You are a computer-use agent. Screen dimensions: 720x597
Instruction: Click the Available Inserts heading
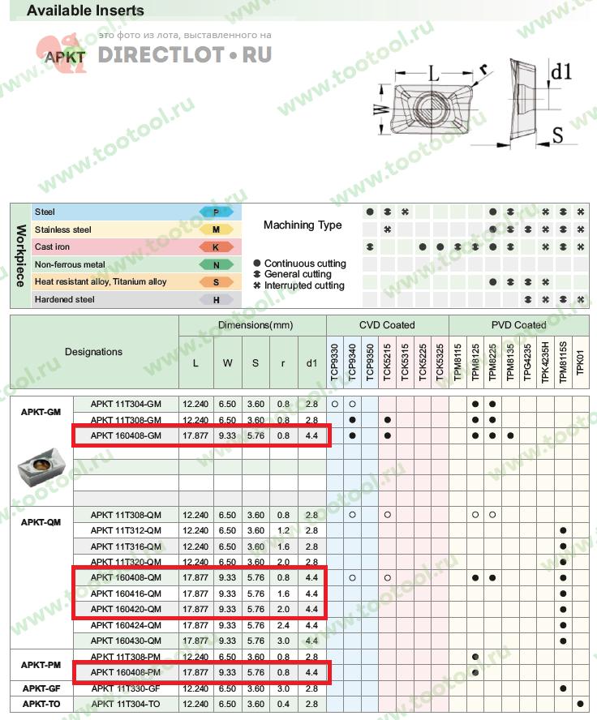(85, 11)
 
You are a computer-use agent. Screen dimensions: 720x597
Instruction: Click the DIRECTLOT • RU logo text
(185, 55)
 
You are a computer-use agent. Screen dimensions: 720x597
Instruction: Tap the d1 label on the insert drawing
(561, 72)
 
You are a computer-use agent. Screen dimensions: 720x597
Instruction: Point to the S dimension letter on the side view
(557, 135)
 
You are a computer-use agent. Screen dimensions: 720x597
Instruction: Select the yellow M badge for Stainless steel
(216, 229)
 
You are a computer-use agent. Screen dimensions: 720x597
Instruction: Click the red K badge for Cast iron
(216, 246)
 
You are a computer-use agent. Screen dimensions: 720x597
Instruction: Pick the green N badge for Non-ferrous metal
(216, 264)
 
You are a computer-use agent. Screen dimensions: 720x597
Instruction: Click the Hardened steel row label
(64, 299)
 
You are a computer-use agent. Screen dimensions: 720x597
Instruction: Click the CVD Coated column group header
(387, 325)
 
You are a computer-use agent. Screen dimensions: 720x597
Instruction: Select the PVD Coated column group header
(518, 325)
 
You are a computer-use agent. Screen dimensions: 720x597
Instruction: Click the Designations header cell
(94, 352)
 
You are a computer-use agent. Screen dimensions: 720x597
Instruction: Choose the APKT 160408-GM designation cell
(126, 435)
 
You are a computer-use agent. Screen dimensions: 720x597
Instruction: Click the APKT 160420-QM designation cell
(126, 610)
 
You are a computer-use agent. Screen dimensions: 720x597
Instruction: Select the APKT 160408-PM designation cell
(126, 672)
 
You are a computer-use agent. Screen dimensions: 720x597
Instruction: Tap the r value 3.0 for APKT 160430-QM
(282, 641)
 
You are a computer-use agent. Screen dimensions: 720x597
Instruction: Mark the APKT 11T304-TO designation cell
(126, 704)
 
